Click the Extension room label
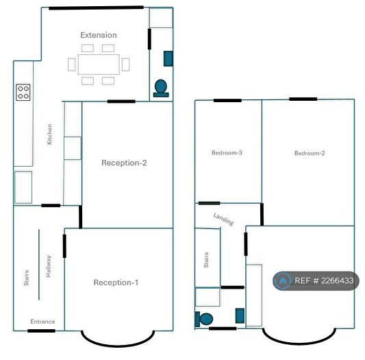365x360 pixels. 99,35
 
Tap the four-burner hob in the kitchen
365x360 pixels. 23,92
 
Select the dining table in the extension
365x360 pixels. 98,64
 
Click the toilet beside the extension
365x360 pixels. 162,88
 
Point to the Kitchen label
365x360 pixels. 49,134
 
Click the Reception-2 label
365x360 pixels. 124,163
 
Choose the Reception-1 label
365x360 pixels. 116,283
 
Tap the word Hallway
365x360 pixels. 49,266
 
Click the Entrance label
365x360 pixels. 42,322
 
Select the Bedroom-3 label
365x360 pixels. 227,153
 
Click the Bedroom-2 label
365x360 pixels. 310,153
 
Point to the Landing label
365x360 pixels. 223,219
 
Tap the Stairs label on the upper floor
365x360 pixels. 205,260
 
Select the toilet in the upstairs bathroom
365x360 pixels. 204,319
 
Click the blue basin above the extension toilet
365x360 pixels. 168,59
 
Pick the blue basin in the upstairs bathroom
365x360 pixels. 240,315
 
